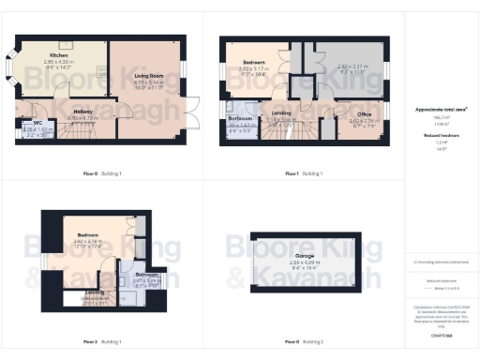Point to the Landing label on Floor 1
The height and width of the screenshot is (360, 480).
[x=281, y=114]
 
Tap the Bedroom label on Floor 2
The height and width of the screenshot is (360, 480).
[x=88, y=234]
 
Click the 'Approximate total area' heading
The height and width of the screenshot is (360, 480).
[x=441, y=110]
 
